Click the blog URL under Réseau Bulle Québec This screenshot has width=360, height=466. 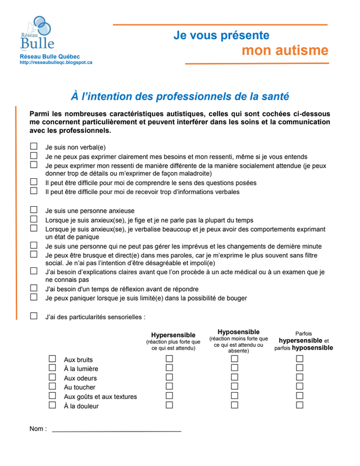pyautogui.click(x=55, y=62)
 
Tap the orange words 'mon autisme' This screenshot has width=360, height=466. pyautogui.click(x=285, y=51)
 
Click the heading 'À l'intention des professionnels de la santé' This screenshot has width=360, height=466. pyautogui.click(x=179, y=96)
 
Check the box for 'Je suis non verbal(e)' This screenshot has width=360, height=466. pyautogui.click(x=34, y=147)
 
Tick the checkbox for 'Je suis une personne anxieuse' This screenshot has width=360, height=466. pyautogui.click(x=34, y=210)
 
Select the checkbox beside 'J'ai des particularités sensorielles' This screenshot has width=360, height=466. pyautogui.click(x=34, y=316)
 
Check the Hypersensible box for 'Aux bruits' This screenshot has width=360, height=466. pyautogui.click(x=170, y=359)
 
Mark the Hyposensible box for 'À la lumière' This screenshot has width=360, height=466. pyautogui.click(x=235, y=368)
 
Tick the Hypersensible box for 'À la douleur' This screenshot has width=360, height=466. pyautogui.click(x=170, y=405)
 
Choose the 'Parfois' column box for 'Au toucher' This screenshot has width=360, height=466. pyautogui.click(x=299, y=386)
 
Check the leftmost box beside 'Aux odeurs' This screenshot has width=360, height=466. pyautogui.click(x=52, y=377)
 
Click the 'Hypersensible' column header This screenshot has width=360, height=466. pyautogui.click(x=173, y=335)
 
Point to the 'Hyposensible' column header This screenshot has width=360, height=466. pyautogui.click(x=238, y=331)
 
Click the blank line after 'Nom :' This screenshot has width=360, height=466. pyautogui.click(x=117, y=429)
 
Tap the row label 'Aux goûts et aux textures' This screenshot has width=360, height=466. pyautogui.click(x=100, y=397)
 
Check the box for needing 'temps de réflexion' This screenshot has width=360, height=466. pyautogui.click(x=34, y=288)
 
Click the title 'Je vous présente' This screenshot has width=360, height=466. pyautogui.click(x=221, y=35)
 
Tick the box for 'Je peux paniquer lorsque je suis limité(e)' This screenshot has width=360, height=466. pyautogui.click(x=34, y=297)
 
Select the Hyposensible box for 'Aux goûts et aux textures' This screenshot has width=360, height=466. pyautogui.click(x=235, y=396)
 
